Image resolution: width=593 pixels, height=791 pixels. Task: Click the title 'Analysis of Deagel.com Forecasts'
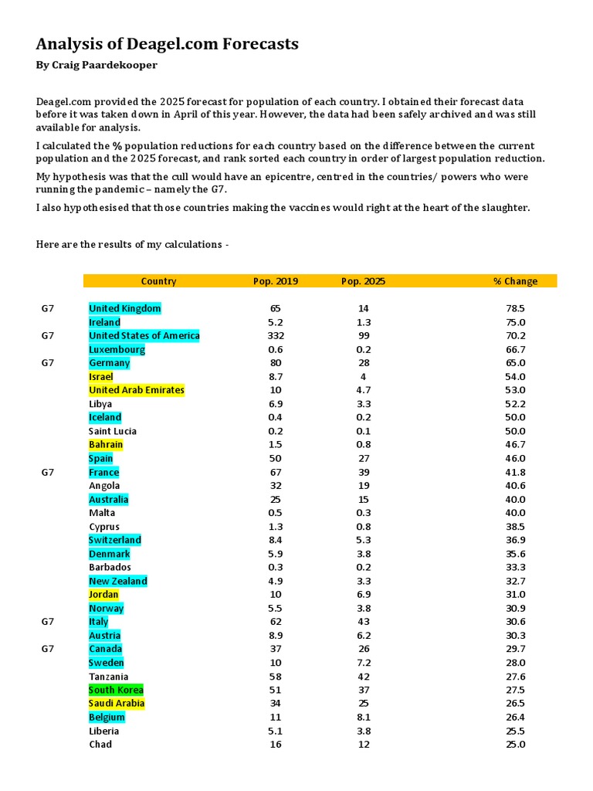[167, 44]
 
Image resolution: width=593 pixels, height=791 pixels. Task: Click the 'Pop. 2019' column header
[276, 281]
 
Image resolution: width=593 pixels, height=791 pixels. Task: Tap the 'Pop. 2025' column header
[363, 281]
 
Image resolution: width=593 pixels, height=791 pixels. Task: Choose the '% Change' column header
[515, 281]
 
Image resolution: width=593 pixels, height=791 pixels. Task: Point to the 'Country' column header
[158, 281]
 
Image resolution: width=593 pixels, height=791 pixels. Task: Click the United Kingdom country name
[125, 308]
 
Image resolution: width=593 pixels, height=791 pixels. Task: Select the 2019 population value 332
[276, 335]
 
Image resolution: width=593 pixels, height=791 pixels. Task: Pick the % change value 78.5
[515, 308]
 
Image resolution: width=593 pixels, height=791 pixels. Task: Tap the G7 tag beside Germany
[48, 362]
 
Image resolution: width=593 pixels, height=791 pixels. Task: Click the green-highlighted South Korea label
[116, 690]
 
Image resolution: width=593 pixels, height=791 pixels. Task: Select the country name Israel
[101, 376]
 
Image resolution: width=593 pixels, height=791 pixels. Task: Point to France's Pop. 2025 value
[364, 472]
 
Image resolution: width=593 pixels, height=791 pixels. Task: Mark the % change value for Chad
[515, 744]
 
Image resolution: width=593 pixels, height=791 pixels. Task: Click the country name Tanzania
[109, 676]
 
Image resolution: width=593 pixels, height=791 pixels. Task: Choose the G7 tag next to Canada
[48, 649]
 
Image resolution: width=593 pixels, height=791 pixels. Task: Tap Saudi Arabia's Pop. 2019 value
[276, 703]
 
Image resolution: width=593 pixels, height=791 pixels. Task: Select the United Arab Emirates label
[137, 390]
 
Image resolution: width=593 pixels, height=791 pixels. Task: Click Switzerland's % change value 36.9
[515, 540]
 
